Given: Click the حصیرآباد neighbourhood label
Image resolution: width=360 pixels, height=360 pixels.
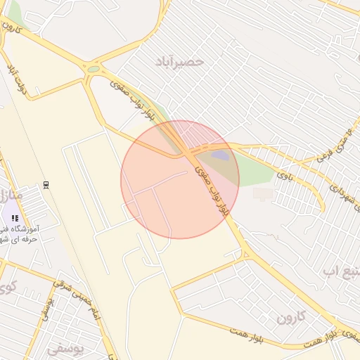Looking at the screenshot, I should coord(181,62).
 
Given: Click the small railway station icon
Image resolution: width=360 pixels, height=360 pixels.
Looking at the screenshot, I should coord(46,184).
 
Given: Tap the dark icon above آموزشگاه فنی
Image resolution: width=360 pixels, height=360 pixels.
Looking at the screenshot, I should coord(15,217).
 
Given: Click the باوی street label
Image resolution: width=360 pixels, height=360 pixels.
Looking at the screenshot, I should coord(283,172).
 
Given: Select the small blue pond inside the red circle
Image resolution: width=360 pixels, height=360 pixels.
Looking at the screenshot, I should coord(220,155).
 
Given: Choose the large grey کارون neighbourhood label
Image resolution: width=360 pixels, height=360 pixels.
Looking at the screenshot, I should coord(291,317).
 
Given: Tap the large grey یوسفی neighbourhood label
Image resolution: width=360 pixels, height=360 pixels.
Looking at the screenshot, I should coord(65,347).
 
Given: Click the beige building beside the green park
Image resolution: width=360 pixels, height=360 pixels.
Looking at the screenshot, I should coord(263,192).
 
